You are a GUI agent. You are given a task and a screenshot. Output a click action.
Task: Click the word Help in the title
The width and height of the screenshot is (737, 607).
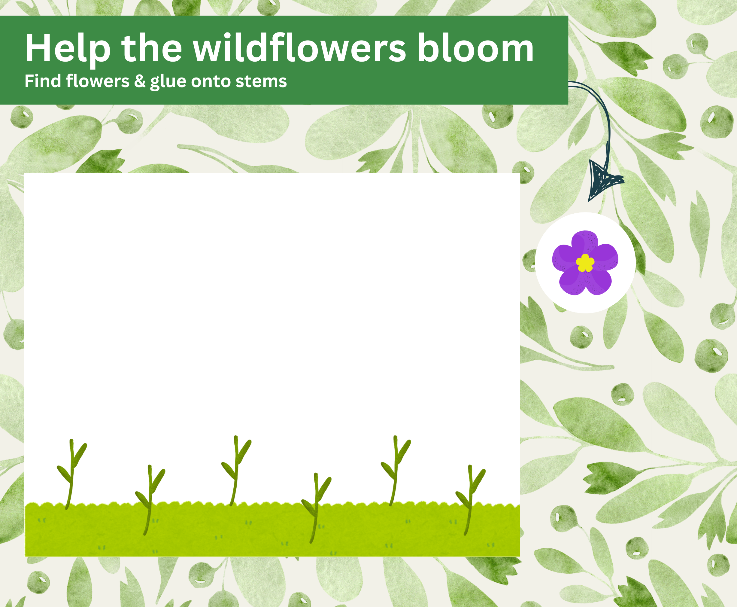[67, 49]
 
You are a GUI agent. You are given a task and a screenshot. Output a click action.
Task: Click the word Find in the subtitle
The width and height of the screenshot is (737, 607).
[42, 81]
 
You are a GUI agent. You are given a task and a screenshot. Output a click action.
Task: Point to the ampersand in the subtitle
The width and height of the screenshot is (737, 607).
[140, 81]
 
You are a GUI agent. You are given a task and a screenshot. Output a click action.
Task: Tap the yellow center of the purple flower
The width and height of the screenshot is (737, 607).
[585, 263]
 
